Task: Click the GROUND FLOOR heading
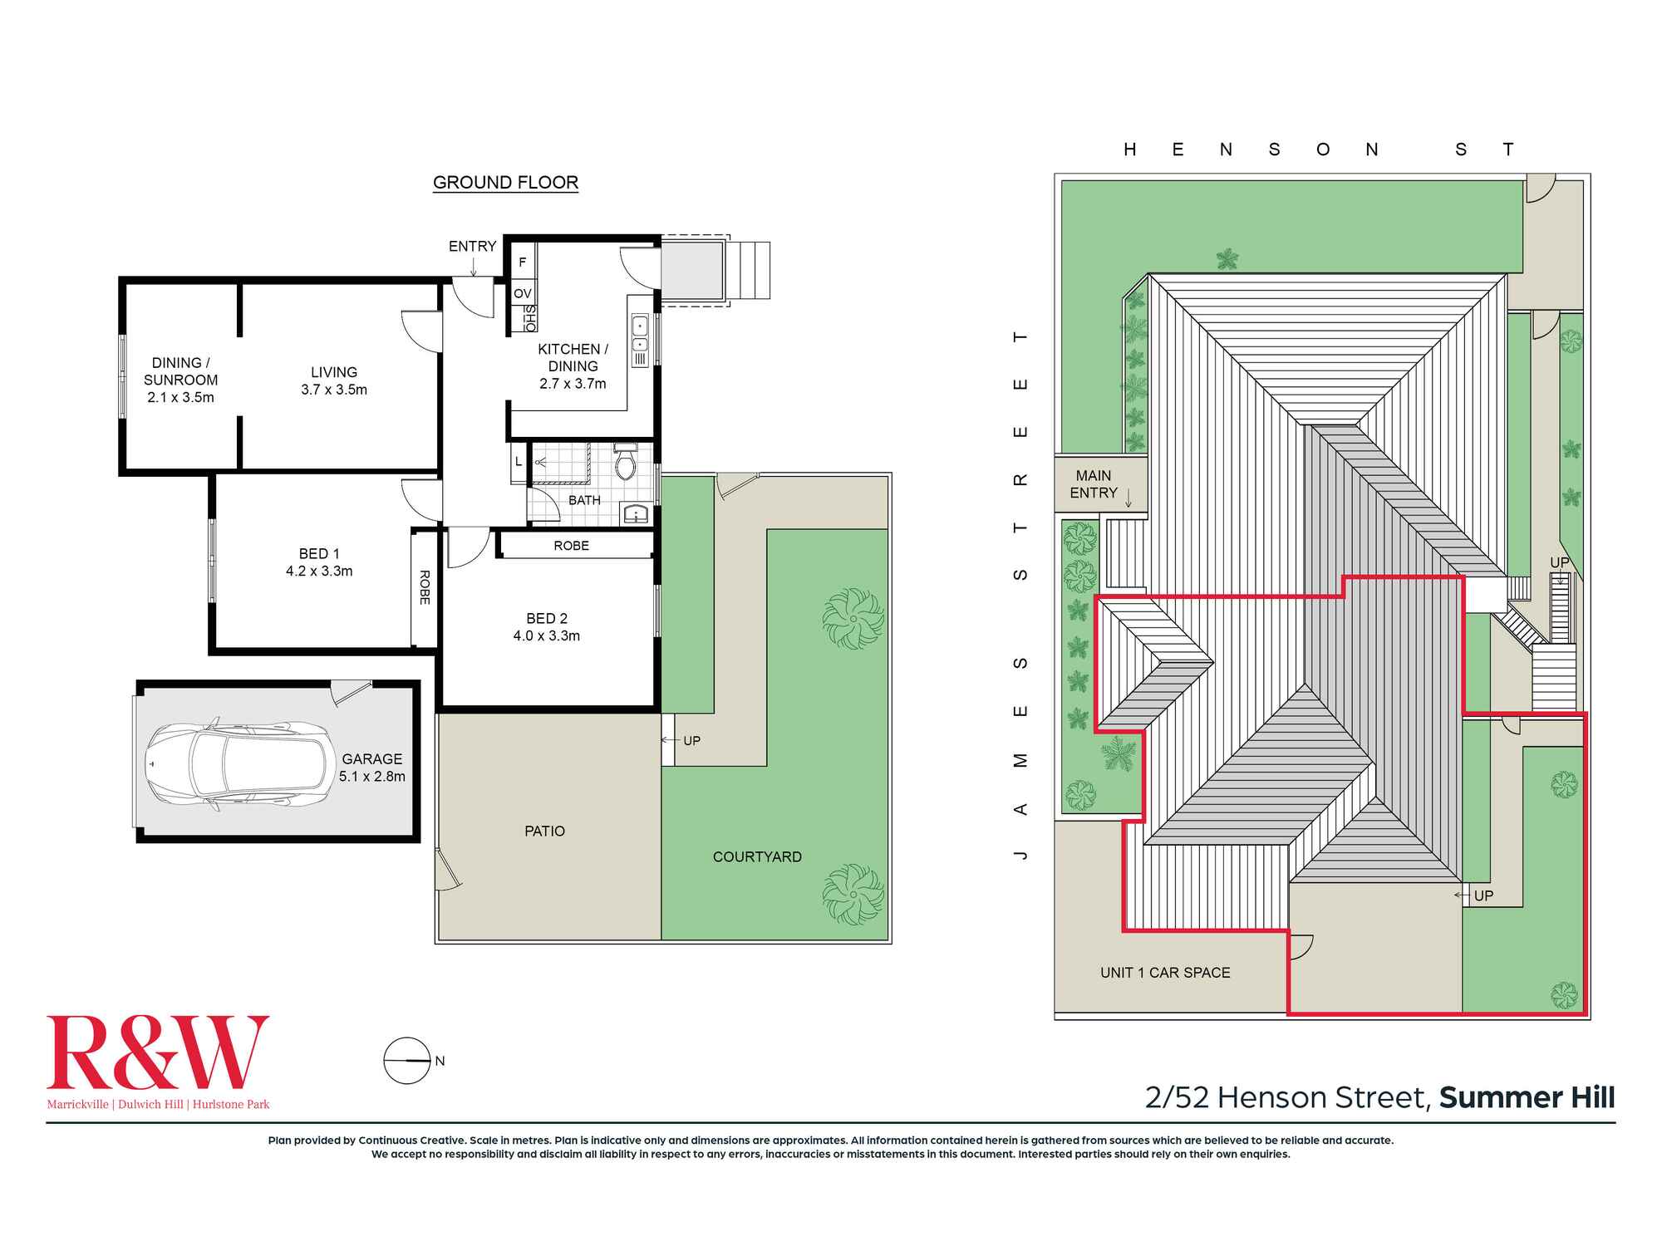pos(505,183)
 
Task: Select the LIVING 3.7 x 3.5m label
pos(334,380)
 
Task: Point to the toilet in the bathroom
pos(625,462)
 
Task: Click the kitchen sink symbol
pos(640,334)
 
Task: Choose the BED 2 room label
pos(547,627)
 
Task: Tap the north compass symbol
pos(406,1061)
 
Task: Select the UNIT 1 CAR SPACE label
pos(1165,973)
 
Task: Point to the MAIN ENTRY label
pos(1093,484)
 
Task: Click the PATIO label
pos(544,831)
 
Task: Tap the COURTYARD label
pos(757,856)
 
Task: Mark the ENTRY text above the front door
pos(472,246)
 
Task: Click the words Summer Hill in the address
pos(1527,1097)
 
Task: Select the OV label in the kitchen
pos(522,293)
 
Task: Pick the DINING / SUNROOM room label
pos(180,380)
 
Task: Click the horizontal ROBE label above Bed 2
pos(571,546)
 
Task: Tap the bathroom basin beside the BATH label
pos(636,514)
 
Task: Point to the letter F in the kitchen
pos(522,262)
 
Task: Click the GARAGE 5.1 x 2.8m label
pos(371,768)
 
